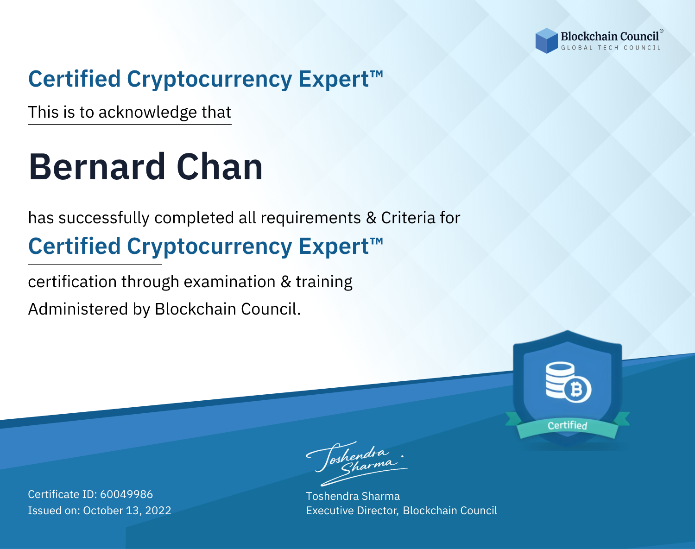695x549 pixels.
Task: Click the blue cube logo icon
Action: click(546, 41)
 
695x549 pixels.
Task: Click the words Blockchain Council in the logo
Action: click(610, 37)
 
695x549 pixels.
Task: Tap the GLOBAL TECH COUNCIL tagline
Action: click(611, 48)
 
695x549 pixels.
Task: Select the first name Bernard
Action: click(97, 167)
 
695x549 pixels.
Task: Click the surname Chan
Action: click(220, 167)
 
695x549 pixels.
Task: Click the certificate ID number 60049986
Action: click(126, 494)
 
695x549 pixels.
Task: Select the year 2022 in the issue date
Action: click(158, 510)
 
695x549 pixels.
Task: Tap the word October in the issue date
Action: click(103, 510)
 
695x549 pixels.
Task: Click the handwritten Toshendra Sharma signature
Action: click(356, 464)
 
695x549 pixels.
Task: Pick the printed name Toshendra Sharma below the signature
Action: click(353, 496)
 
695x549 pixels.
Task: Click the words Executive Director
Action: click(352, 510)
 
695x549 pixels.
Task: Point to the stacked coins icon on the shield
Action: click(560, 379)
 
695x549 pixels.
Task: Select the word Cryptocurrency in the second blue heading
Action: click(209, 247)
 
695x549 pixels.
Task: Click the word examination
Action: click(230, 282)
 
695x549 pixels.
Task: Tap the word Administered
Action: click(78, 309)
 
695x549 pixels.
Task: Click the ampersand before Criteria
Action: click(371, 218)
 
